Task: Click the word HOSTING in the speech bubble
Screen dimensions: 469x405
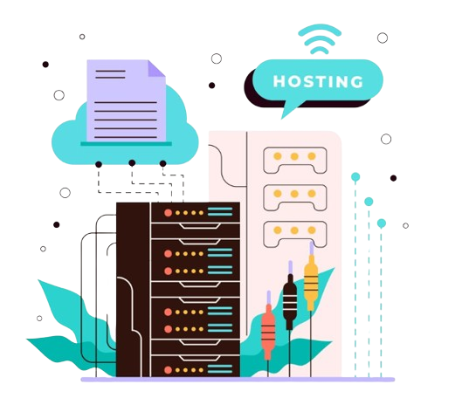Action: [318, 81]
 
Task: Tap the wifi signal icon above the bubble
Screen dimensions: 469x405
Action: [320, 39]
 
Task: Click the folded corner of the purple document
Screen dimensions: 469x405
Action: [156, 68]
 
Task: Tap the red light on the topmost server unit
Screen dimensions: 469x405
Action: [168, 213]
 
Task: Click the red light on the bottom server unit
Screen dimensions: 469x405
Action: [168, 370]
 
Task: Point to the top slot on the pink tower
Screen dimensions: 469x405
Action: [295, 161]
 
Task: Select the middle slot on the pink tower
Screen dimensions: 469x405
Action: [295, 197]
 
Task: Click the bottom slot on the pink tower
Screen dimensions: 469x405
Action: [295, 234]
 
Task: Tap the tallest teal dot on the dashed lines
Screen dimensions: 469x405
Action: [355, 177]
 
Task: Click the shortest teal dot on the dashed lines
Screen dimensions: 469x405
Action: [382, 223]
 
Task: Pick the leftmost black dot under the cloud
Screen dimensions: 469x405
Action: [99, 164]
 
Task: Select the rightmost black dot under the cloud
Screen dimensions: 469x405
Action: [163, 163]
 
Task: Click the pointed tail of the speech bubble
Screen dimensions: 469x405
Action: [282, 119]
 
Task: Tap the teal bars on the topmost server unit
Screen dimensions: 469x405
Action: [220, 211]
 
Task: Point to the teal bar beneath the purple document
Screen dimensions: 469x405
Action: [127, 144]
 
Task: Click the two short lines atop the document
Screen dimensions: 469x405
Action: [110, 74]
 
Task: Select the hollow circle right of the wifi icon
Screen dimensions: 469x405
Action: [383, 38]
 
